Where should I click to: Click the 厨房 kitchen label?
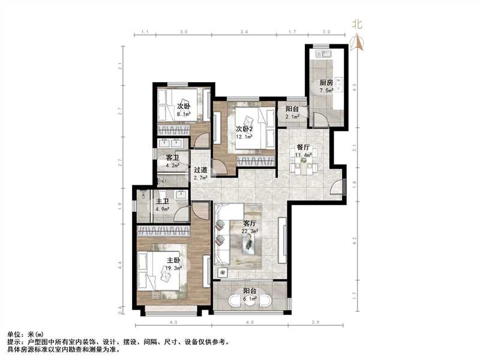[x=326, y=83]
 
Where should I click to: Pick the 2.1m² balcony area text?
[x=292, y=117]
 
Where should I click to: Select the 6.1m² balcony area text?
[x=250, y=298]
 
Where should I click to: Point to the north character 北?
[x=357, y=26]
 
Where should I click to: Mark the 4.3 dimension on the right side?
[x=355, y=86]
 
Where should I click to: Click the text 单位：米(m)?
[x=25, y=333]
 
